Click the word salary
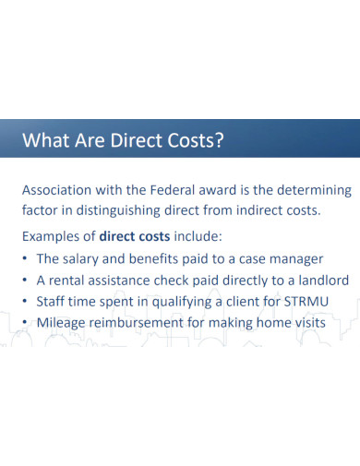84,258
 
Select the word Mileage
62,323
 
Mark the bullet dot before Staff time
26,302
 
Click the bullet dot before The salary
26,259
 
